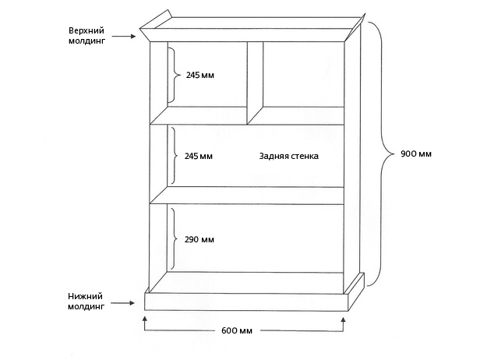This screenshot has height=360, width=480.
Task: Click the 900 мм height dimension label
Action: [416, 154]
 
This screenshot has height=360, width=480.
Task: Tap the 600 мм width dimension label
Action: [237, 330]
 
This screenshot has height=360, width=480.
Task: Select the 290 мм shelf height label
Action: [199, 239]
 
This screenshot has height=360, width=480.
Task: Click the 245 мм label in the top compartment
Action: [200, 75]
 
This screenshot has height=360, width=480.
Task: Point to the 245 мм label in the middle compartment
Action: [199, 156]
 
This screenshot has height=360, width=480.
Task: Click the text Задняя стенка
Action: [289, 156]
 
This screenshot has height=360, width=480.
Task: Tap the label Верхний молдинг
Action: [86, 36]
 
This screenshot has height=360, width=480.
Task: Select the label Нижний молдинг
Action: [86, 302]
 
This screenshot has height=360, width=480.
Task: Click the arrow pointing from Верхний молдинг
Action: [124, 37]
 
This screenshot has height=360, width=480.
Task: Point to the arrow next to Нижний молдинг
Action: [122, 303]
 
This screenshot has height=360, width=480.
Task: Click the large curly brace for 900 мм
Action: [380, 154]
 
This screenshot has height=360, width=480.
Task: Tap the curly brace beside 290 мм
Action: [174, 239]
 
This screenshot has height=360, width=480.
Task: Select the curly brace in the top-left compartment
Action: [174, 75]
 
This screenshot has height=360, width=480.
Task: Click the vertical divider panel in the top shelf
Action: [255, 83]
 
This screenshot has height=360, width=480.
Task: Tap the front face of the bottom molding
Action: [246, 302]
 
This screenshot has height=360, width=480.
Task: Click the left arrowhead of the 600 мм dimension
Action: [145, 319]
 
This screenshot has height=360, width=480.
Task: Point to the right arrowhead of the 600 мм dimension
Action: [343, 320]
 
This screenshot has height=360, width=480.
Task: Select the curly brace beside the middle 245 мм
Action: [174, 156]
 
